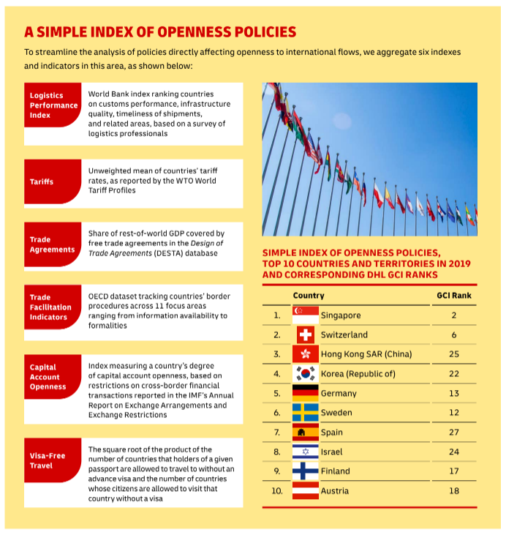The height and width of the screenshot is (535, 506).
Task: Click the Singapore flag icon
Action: (x=305, y=315)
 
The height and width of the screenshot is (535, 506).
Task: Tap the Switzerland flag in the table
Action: (x=305, y=334)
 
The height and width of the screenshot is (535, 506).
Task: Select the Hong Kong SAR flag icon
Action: (x=305, y=354)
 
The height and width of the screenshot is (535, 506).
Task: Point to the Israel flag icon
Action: (x=305, y=452)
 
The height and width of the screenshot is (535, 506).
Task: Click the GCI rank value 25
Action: (x=454, y=354)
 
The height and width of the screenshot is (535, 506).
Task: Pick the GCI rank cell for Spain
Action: (x=454, y=433)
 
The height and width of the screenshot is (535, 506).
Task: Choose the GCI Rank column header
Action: (x=453, y=296)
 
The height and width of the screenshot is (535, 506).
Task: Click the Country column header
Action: (x=309, y=296)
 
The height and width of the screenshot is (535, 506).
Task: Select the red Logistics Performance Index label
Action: (x=52, y=105)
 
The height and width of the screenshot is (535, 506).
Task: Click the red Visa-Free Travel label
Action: (x=52, y=460)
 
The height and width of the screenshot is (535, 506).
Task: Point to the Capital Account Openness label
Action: (x=52, y=377)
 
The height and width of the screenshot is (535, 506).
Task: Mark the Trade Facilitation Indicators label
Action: (x=52, y=307)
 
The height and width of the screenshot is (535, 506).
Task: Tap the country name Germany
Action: (x=339, y=393)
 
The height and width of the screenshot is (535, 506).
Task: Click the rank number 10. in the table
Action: (x=276, y=490)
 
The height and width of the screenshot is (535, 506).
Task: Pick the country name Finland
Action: (x=335, y=471)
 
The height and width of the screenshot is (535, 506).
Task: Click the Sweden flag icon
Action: (x=305, y=413)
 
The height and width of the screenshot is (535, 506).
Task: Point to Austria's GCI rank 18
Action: (x=454, y=490)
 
